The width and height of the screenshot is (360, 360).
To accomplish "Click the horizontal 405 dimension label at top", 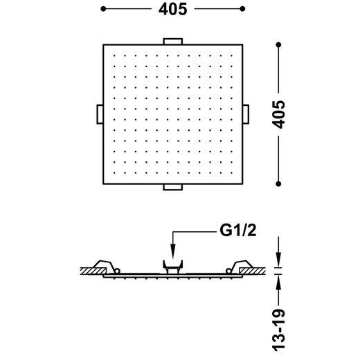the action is click(173, 10).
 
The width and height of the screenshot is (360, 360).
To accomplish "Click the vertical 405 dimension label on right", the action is click(278, 114).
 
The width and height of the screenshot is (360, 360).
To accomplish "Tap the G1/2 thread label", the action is click(238, 230).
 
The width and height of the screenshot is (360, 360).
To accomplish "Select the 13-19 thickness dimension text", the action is click(278, 330).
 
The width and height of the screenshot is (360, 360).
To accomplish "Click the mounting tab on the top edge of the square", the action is click(173, 42).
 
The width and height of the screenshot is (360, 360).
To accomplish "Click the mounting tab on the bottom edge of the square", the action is click(173, 187).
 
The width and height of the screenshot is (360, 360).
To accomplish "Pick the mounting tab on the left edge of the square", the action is click(100, 114).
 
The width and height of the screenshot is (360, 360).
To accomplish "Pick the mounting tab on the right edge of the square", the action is click(246, 114).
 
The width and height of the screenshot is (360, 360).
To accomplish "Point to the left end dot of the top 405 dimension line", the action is click(103, 9).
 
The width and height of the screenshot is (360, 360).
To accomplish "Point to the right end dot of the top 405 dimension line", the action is click(242, 9).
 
